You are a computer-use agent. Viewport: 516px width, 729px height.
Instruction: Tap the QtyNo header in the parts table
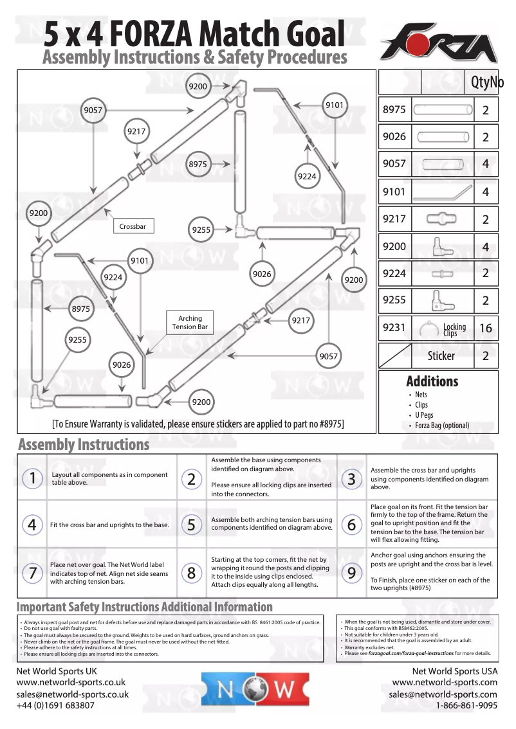click(x=487, y=82)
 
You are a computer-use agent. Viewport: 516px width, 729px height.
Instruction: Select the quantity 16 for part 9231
click(x=486, y=328)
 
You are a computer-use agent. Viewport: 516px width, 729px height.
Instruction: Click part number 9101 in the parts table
click(x=394, y=192)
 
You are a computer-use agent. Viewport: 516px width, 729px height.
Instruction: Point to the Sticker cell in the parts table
click(x=441, y=355)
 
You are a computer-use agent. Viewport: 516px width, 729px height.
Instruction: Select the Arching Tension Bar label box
click(x=190, y=323)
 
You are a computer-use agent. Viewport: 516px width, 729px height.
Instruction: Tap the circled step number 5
click(x=192, y=525)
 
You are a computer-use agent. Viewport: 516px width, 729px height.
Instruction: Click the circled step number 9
click(x=351, y=573)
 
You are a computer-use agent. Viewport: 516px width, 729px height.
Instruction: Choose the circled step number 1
click(x=32, y=478)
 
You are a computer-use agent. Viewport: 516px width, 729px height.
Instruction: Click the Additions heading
click(x=432, y=381)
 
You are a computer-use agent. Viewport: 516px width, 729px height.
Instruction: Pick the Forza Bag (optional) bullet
click(x=442, y=425)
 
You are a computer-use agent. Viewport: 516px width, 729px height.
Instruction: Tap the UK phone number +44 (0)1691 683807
click(x=55, y=705)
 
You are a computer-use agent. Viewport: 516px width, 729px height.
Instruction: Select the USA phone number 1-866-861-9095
click(x=466, y=705)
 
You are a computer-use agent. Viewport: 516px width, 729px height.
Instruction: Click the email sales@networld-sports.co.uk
click(x=73, y=694)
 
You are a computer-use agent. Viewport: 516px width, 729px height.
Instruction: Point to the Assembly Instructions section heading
click(x=84, y=444)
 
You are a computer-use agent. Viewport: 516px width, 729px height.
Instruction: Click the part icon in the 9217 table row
click(x=441, y=219)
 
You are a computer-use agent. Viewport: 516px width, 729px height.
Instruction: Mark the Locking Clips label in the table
click(x=454, y=330)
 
